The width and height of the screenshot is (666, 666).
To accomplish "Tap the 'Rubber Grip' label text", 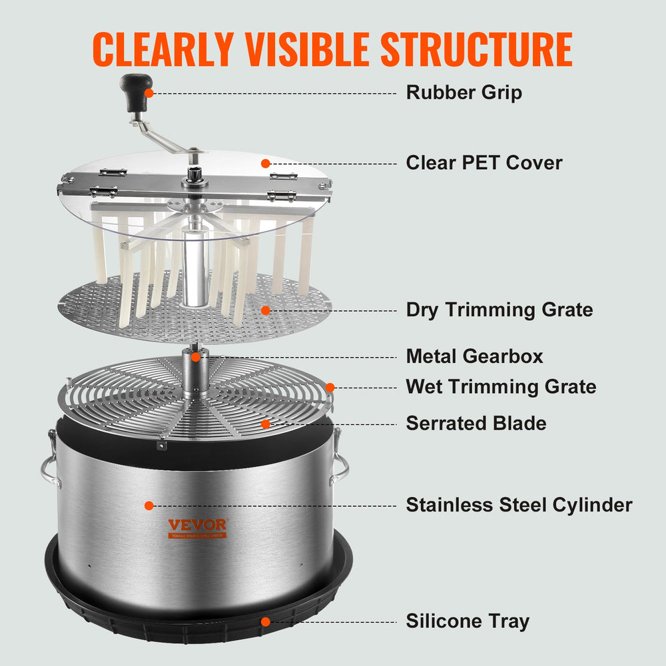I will coord(464,93).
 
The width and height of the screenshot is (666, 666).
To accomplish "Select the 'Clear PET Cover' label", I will coord(484,163).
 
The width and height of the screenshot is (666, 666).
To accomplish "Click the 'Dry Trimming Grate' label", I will coord(499,310).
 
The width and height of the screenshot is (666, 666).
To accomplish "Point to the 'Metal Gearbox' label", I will coord(474,356).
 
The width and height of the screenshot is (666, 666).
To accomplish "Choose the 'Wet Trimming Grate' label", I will coord(501,386).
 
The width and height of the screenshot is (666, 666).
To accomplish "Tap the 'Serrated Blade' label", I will coord(476,423).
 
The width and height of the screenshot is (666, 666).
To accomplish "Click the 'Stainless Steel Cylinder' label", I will coord(519,505).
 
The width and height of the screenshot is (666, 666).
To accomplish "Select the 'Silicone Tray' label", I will coord(468,621).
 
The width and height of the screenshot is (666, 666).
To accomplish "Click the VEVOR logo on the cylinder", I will coord(196,525).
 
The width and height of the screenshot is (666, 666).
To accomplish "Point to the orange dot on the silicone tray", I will coord(265,621).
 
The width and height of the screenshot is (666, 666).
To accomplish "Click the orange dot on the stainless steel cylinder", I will coord(149,505).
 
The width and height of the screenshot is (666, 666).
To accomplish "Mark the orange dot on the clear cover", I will coord(265,163).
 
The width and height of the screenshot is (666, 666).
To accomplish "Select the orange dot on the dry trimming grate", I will coord(265,310).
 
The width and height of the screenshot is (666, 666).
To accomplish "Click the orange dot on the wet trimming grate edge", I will coord(329,386).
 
